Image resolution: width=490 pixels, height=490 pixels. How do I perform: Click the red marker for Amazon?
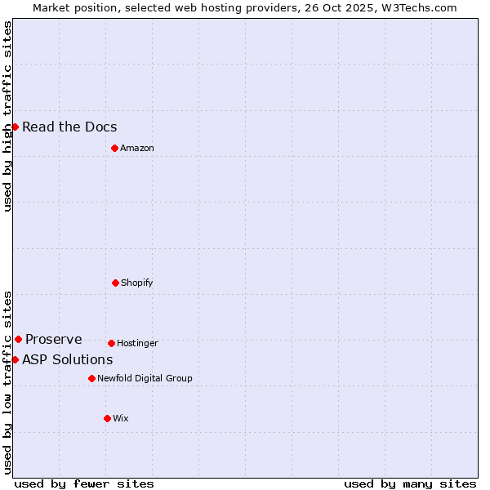pos(114,148)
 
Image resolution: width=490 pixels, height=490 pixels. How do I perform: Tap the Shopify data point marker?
pos(115,283)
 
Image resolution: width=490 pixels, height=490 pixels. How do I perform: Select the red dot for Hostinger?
pos(111,343)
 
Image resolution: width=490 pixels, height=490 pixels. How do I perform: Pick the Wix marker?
pos(107,418)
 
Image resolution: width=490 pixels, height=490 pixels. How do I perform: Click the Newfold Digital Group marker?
pos(91,378)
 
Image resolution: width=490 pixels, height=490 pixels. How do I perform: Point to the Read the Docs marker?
pos(15,127)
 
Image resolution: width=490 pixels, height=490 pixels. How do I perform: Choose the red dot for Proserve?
pos(18,339)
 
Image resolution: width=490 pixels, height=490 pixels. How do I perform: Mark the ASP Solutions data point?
pos(15,359)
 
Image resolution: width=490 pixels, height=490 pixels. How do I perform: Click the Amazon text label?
pos(137,148)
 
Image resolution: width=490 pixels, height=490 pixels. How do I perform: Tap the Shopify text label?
pos(137,283)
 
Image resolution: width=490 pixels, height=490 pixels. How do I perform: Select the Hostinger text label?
pos(137,343)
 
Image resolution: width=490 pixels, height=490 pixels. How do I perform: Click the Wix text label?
pos(121,418)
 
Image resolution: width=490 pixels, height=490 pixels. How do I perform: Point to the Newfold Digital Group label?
pos(145,378)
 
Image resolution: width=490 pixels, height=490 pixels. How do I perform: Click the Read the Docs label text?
pos(69,127)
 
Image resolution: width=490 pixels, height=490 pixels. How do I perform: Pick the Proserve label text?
pos(54,339)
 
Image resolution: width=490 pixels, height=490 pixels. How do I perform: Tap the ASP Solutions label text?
pos(68,359)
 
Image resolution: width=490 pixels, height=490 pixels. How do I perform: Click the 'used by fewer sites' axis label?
pos(84,483)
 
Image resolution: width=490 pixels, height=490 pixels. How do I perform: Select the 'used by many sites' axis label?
pos(410,483)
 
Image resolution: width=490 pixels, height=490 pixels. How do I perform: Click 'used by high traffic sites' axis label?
pos(7,116)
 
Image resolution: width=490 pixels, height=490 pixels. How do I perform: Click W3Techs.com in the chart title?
pos(416,7)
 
